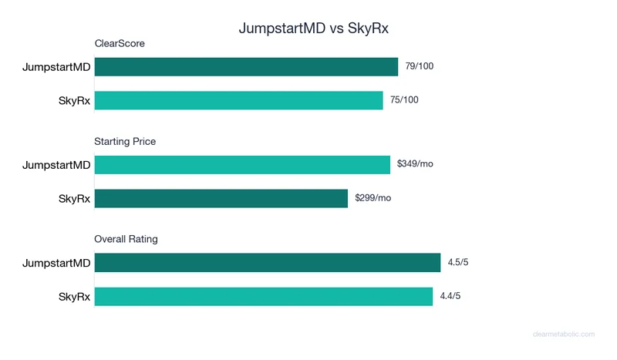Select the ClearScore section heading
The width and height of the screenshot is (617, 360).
click(120, 44)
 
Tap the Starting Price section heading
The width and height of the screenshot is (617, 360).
click(125, 142)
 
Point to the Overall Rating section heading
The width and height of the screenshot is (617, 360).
click(126, 239)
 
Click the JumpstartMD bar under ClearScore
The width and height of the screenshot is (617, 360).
click(246, 67)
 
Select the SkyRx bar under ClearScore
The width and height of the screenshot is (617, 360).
click(238, 100)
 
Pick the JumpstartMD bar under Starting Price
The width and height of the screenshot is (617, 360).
click(242, 165)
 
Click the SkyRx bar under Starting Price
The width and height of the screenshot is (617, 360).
click(221, 198)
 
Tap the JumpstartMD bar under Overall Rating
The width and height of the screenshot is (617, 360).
click(267, 263)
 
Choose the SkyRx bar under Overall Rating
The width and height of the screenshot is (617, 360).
click(263, 296)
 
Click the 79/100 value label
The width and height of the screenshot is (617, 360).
click(420, 66)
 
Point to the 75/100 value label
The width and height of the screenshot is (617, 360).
click(404, 100)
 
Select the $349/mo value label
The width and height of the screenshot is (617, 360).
click(415, 164)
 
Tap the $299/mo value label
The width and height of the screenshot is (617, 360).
click(373, 198)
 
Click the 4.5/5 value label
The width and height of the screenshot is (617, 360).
click(458, 263)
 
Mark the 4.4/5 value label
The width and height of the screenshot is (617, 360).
click(450, 296)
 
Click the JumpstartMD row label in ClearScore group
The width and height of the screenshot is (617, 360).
click(56, 67)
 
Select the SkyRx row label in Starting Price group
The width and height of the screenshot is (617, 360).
click(75, 199)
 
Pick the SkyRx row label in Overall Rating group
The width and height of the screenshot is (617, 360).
click(75, 297)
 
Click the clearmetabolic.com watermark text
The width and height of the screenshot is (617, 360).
click(564, 335)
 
